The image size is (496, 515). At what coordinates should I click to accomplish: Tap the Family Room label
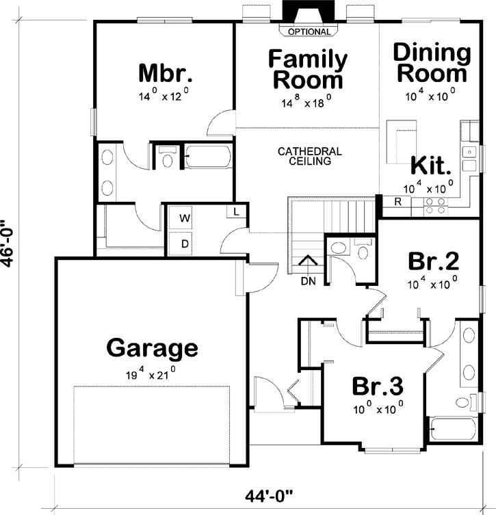(307, 68)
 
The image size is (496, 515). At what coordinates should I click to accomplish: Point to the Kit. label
(432, 166)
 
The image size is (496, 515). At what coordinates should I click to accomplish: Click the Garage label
(152, 348)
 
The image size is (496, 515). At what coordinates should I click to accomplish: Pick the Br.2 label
(432, 261)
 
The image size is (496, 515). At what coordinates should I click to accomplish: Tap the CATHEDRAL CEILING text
(309, 157)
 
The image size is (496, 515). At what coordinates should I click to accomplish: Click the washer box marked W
(184, 217)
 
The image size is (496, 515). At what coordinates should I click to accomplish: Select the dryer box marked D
(184, 243)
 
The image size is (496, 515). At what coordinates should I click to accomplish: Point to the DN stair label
(307, 279)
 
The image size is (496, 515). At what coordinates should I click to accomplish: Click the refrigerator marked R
(397, 202)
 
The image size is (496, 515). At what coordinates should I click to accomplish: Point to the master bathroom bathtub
(209, 157)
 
